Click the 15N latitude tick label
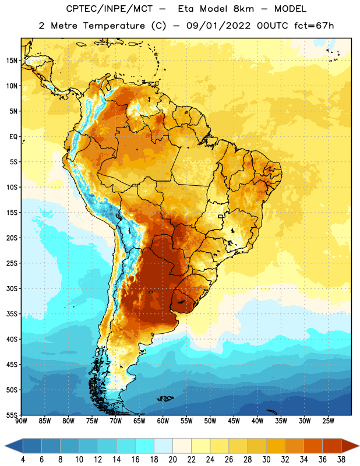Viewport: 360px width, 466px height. coord(12,61)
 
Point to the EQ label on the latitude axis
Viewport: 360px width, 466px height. coord(13,137)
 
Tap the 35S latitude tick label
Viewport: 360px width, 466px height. coord(12,314)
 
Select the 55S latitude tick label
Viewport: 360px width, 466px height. coord(12,415)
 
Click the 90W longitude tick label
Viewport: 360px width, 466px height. coord(21,421)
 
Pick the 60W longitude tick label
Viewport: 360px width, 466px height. coord(163,421)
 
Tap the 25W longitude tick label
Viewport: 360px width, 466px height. coord(328,421)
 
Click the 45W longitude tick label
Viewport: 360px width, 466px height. coord(234,421)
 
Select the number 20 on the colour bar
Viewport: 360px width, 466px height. coord(172,460)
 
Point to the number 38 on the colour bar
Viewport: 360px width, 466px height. coord(341,460)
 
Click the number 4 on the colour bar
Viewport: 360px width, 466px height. coord(23,460)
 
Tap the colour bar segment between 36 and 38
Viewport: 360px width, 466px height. coord(332,446)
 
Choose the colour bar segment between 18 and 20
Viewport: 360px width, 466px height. coord(163,446)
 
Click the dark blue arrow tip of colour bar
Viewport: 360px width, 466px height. coord(5,446)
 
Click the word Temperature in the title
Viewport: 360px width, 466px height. coord(114,26)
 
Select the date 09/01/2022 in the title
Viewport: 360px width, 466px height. coord(218,26)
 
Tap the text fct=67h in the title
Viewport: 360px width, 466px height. coord(314,26)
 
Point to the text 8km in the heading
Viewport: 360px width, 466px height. coord(243,9)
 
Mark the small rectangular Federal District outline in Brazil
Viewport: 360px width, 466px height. coord(221,217)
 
